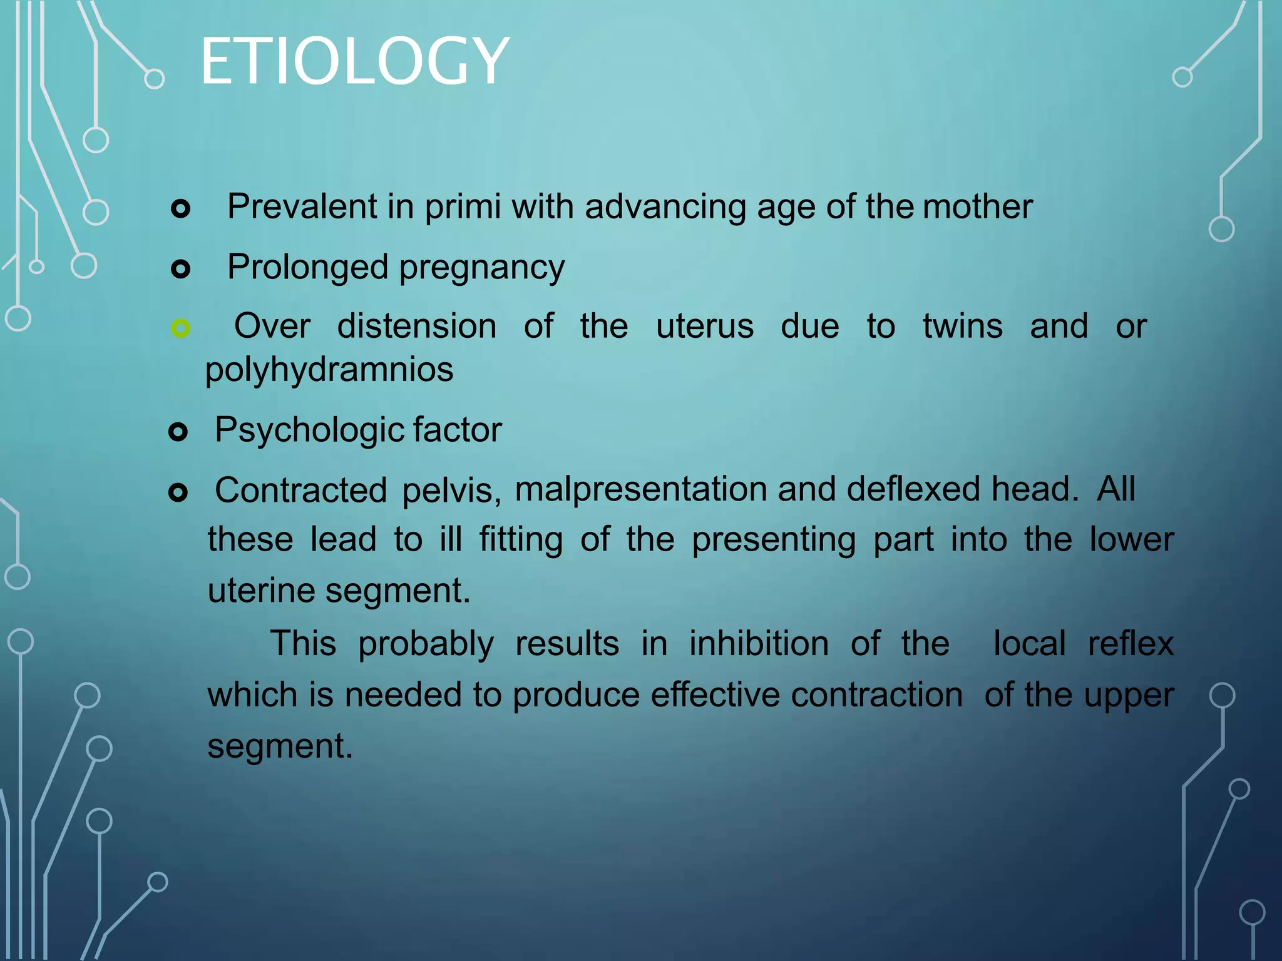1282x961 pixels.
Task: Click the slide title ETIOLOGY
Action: [x=354, y=61]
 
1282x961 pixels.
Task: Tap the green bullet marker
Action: [x=180, y=328]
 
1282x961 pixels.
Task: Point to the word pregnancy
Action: [x=481, y=267]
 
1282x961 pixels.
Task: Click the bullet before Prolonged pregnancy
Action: [x=180, y=269]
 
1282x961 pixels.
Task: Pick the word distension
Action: [x=416, y=326]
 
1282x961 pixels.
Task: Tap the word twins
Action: [x=962, y=326]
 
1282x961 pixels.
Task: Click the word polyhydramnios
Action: [x=329, y=369]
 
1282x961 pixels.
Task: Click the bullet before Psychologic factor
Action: [x=178, y=432]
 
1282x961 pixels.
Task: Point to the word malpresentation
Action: [x=640, y=489]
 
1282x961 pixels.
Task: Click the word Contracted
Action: [x=300, y=489]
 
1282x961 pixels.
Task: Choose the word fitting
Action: [x=521, y=539]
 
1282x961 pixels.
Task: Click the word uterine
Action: [x=260, y=590]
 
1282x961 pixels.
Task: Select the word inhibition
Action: [x=759, y=643]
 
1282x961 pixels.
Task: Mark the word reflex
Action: [x=1130, y=643]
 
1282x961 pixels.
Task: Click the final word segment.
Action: [x=280, y=746]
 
